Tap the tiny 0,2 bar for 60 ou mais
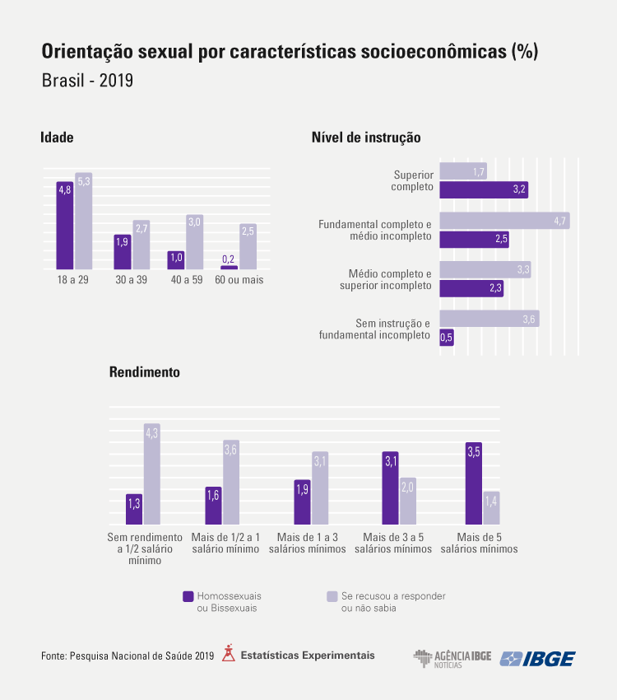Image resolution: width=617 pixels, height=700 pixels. [x=229, y=267]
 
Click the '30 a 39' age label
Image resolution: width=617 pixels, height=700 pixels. [x=131, y=280]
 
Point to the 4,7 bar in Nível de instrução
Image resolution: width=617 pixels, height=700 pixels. [x=503, y=221]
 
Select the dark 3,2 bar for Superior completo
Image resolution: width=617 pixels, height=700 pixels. [x=483, y=189]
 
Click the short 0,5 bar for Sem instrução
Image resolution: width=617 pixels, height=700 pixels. [x=446, y=337]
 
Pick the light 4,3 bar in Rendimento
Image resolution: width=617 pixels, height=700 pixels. [x=151, y=474]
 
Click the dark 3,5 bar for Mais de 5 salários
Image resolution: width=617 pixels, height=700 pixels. [x=473, y=483]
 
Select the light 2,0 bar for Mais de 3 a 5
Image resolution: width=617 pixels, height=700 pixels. [x=408, y=501]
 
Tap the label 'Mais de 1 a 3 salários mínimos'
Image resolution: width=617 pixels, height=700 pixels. [x=312, y=543]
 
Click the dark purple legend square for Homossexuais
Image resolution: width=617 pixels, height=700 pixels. [x=188, y=595]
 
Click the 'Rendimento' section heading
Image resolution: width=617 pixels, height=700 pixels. [x=144, y=372]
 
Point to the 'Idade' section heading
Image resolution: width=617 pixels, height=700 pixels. [x=57, y=138]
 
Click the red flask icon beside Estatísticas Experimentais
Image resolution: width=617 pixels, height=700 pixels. [x=228, y=654]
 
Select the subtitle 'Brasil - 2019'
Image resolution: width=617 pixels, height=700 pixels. [x=87, y=82]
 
